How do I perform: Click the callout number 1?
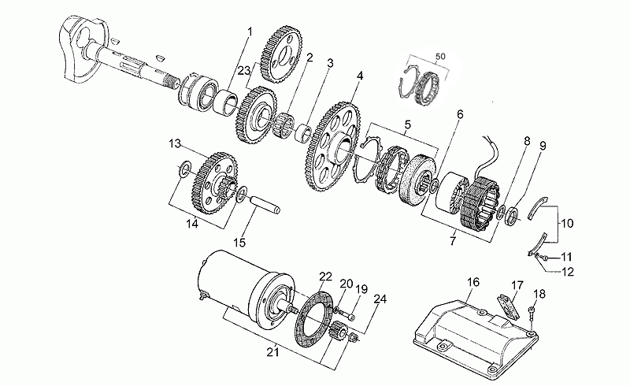(x=250, y=32)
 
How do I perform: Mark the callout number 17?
(x=517, y=284)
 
